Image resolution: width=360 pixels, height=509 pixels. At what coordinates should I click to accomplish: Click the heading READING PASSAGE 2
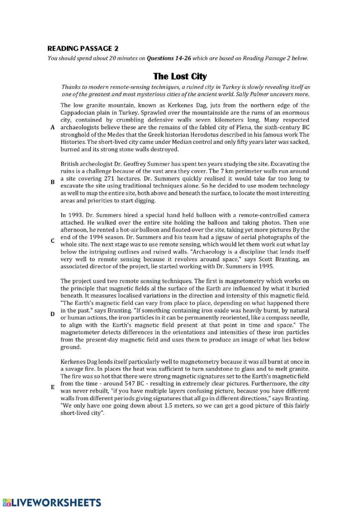click(83, 49)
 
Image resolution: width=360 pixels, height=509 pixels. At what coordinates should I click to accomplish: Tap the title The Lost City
click(180, 76)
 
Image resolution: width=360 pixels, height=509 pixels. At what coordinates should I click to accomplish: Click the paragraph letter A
click(53, 128)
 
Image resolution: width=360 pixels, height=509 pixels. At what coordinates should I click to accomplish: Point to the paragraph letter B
click(53, 182)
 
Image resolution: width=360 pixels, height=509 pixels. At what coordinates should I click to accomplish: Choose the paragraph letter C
click(53, 241)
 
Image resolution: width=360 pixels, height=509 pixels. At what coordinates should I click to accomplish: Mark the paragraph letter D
click(53, 314)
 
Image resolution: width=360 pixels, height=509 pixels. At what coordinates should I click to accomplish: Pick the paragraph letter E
click(53, 387)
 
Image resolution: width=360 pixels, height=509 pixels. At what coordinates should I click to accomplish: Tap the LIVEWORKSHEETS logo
click(52, 502)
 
